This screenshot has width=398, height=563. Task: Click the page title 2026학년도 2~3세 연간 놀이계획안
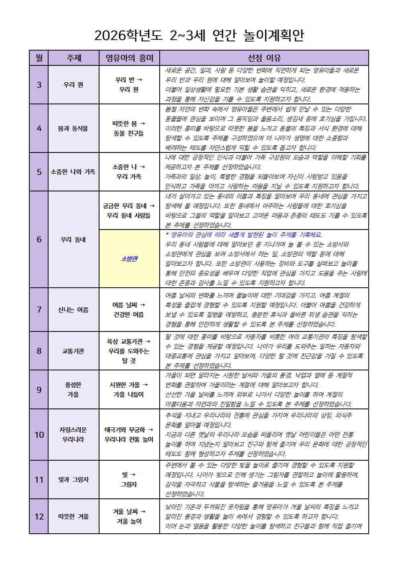199,36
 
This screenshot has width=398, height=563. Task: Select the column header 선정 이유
264,58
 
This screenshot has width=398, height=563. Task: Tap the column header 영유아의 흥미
129,58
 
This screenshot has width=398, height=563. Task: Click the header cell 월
39,58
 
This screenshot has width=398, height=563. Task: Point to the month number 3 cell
39,85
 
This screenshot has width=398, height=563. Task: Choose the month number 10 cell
39,435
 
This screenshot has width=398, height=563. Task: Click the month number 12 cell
39,516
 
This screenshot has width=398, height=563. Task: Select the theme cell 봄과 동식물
73,128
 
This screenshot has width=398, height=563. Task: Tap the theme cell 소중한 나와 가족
73,172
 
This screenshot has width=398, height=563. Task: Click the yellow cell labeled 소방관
129,259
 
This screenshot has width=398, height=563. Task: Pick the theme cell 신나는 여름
73,310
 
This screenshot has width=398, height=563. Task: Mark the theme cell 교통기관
73,351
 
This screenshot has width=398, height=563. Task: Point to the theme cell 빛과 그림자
73,480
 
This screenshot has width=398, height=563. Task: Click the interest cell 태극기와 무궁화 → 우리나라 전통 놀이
129,435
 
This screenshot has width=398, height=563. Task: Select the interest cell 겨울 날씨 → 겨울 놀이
129,516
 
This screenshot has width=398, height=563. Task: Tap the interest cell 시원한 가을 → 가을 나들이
129,390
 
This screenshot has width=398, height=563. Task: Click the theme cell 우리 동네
73,240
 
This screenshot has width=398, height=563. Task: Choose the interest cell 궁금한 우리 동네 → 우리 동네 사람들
129,211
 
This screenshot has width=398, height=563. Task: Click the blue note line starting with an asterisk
244,235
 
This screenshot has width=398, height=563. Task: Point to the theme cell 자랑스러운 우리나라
73,435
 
